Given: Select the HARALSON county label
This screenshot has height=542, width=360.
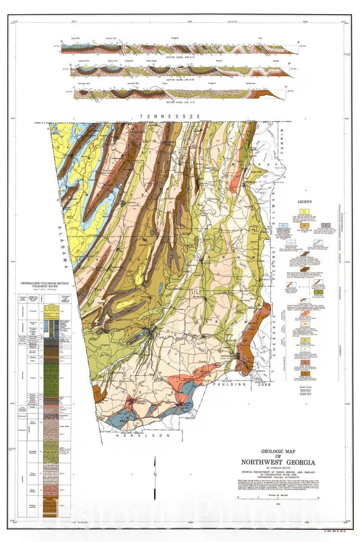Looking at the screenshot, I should [151, 436].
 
